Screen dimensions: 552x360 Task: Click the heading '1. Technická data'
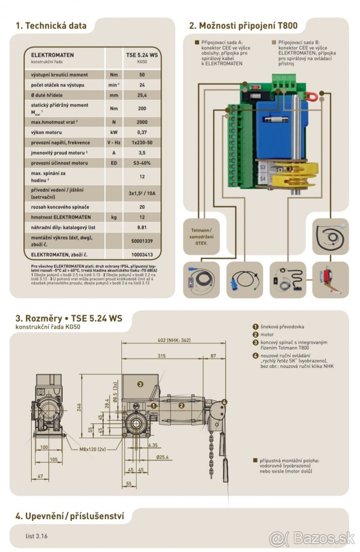click(51, 26)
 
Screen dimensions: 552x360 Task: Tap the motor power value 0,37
click(142, 132)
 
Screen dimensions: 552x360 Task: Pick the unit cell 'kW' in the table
click(114, 132)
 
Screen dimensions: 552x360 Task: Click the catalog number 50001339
click(142, 241)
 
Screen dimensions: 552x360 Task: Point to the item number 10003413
click(142, 254)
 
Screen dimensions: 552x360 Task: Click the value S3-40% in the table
click(142, 163)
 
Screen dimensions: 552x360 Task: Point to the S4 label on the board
click(263, 178)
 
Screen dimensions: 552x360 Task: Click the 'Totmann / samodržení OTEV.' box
click(201, 236)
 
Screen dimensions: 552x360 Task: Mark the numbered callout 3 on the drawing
click(140, 384)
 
